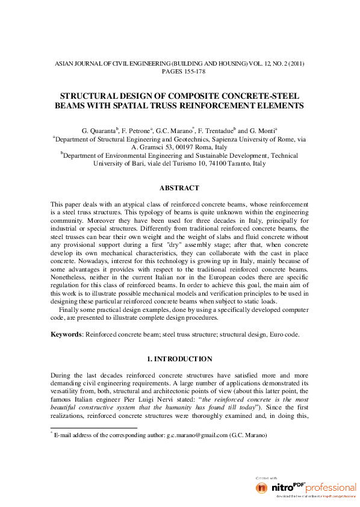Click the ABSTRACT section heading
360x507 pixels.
tap(179, 188)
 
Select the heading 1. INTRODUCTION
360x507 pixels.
tap(179, 359)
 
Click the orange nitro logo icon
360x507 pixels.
tap(261, 487)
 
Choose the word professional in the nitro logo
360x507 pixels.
tap(331, 487)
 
